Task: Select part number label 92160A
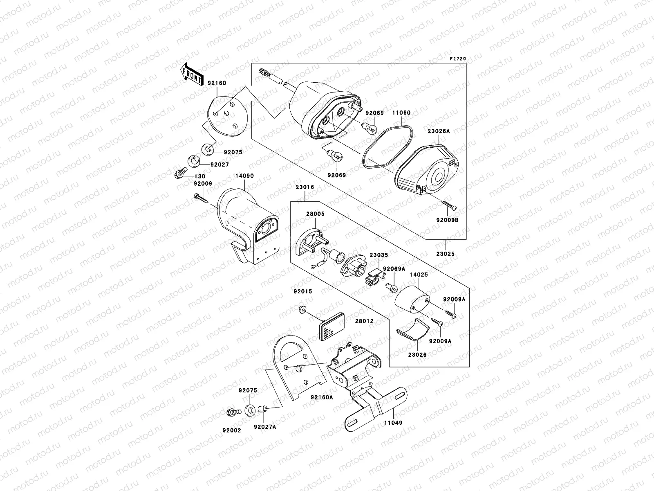click(322, 396)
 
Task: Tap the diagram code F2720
click(458, 59)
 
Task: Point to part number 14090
click(244, 176)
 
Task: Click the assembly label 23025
click(445, 254)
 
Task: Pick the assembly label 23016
click(305, 187)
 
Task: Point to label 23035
click(379, 255)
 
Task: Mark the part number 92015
click(303, 292)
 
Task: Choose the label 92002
click(232, 430)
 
